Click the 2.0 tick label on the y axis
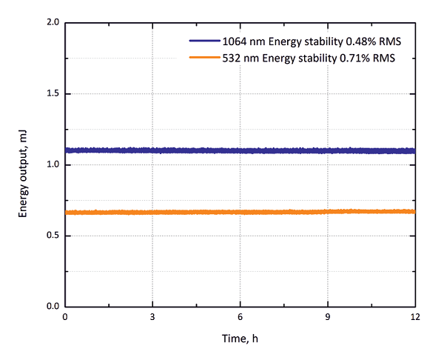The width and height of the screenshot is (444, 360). (x=53, y=23)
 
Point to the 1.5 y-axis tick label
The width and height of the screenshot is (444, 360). (x=53, y=94)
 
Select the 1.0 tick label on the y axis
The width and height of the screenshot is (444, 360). (x=53, y=164)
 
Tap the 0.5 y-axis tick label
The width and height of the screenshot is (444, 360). (x=53, y=236)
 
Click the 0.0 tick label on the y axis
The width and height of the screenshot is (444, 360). (x=53, y=306)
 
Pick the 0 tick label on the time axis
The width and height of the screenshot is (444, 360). (x=65, y=317)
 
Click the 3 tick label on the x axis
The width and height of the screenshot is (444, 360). (x=152, y=317)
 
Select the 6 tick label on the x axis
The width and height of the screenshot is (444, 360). (x=240, y=317)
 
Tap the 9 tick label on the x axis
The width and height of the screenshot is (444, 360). (x=328, y=317)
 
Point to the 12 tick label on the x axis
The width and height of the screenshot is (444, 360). (x=415, y=317)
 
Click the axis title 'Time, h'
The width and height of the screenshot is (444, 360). (x=240, y=339)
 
